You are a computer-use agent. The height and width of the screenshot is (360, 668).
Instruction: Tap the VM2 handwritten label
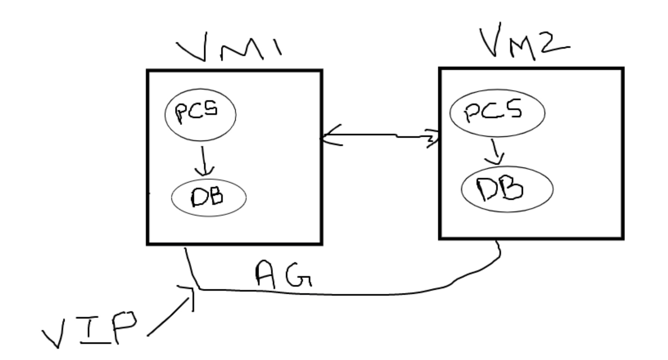click(x=524, y=43)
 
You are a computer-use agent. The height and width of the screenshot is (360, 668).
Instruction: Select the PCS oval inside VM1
click(x=200, y=114)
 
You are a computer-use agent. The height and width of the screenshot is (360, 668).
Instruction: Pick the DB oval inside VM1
click(x=208, y=197)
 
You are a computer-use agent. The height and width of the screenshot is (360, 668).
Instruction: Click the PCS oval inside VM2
click(x=497, y=112)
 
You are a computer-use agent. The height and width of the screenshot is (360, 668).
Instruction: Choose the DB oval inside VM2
click(x=507, y=189)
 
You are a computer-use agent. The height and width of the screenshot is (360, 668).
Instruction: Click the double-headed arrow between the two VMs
click(x=379, y=136)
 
